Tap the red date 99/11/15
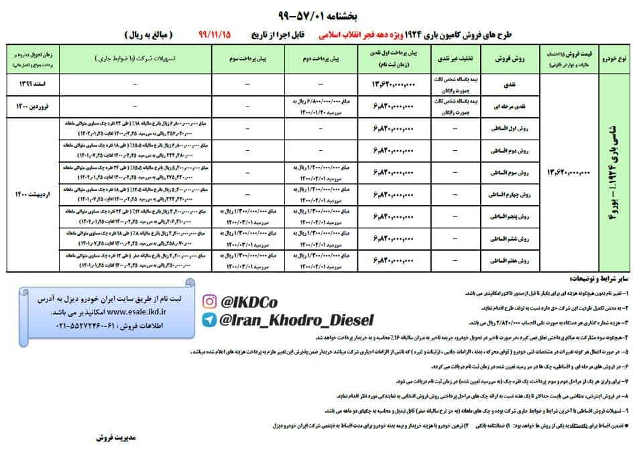click(220, 34)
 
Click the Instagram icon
click(210, 302)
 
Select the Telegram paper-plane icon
click(210, 320)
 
